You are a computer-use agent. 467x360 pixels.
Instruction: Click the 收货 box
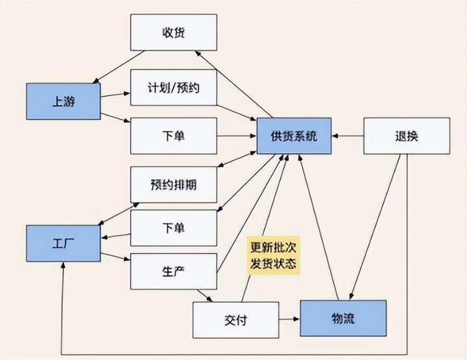click(x=173, y=32)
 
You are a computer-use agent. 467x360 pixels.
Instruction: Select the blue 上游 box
click(x=63, y=101)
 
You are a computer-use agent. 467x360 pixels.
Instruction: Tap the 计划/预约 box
click(x=173, y=88)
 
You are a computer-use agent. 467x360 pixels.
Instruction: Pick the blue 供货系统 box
click(x=294, y=136)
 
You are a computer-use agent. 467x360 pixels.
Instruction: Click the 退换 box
click(x=406, y=136)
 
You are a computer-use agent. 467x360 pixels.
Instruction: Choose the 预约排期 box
click(x=173, y=184)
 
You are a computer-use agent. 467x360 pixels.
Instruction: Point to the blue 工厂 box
click(x=63, y=243)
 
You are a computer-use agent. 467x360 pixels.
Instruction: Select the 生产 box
click(x=173, y=270)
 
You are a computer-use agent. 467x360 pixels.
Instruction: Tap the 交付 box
click(x=235, y=320)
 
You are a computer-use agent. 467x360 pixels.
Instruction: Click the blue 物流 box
click(x=342, y=318)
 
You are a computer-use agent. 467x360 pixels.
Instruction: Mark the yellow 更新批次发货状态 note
click(x=274, y=256)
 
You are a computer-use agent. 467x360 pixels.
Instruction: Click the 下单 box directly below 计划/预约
click(x=173, y=136)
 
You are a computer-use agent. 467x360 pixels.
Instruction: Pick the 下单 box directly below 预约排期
click(x=173, y=228)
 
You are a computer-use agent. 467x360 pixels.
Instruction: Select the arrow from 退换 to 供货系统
click(x=348, y=136)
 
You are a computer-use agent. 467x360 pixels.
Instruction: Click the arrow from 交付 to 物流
click(x=289, y=319)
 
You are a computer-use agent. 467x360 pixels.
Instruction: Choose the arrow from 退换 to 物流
click(x=376, y=227)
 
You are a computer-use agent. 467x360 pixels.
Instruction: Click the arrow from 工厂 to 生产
click(x=115, y=259)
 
